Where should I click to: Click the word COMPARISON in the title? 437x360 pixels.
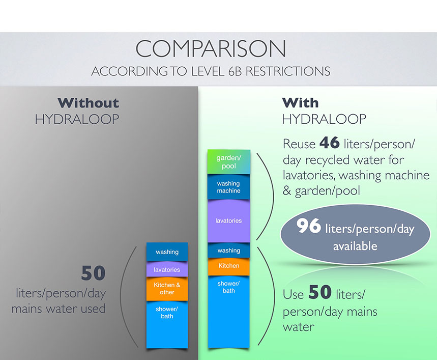coord(211,48)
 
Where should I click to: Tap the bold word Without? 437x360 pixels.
coord(89,103)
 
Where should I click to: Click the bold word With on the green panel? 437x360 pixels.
coord(300,103)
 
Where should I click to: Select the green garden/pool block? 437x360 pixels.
coord(229,162)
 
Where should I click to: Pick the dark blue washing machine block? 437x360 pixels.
coord(229,187)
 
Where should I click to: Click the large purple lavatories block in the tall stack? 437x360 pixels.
coord(229,221)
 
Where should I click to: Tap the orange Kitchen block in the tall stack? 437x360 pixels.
coord(229,266)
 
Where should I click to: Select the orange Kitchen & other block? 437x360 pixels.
coord(167,289)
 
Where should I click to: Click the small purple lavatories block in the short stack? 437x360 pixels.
coord(167,269)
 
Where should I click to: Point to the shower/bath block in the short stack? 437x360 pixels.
coord(167,324)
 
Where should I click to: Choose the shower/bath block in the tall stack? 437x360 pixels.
coord(229,312)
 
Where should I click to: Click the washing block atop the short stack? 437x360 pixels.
coord(167,252)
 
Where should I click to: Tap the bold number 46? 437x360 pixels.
coord(330,143)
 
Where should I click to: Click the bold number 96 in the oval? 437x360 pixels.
coord(309,226)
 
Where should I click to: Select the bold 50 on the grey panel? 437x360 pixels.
coord(94,273)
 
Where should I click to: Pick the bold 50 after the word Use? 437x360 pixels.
coord(320,292)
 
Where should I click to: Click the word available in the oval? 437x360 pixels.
coord(355,246)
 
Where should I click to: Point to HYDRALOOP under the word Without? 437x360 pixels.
coord(77,119)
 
